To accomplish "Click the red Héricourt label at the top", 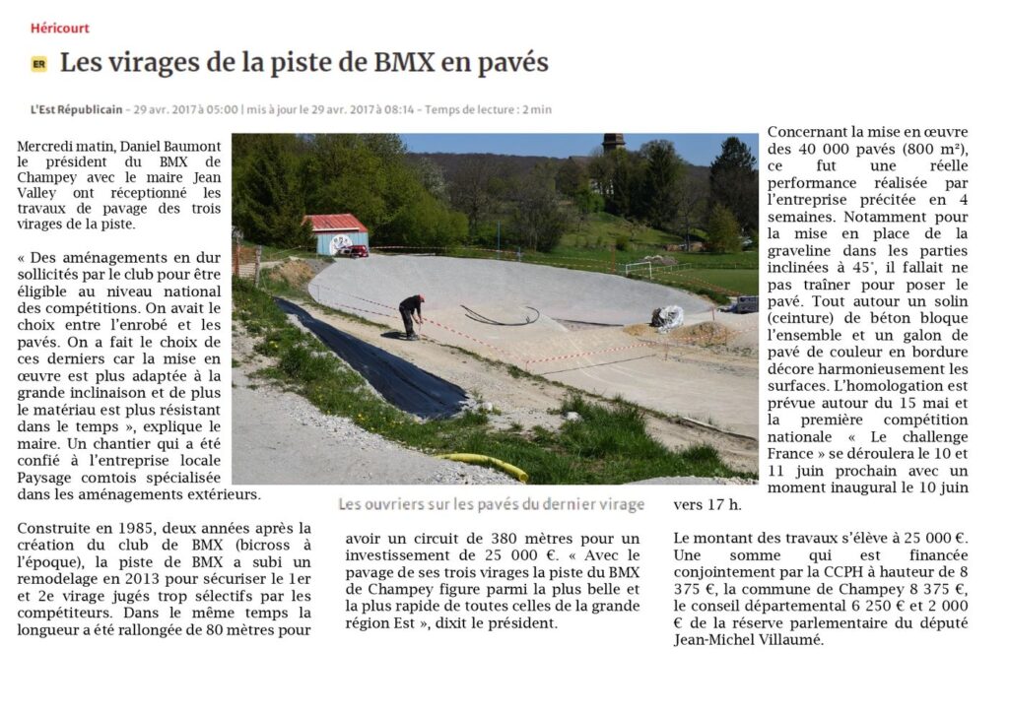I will click(59, 28).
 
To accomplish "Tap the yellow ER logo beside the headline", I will click(39, 64).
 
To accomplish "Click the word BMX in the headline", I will click(405, 63).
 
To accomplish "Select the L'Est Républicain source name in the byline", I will click(77, 109).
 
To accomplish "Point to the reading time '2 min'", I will click(537, 109).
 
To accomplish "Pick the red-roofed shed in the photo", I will click(337, 234).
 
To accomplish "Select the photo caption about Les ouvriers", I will click(491, 504).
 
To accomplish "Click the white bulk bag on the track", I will click(668, 317).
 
